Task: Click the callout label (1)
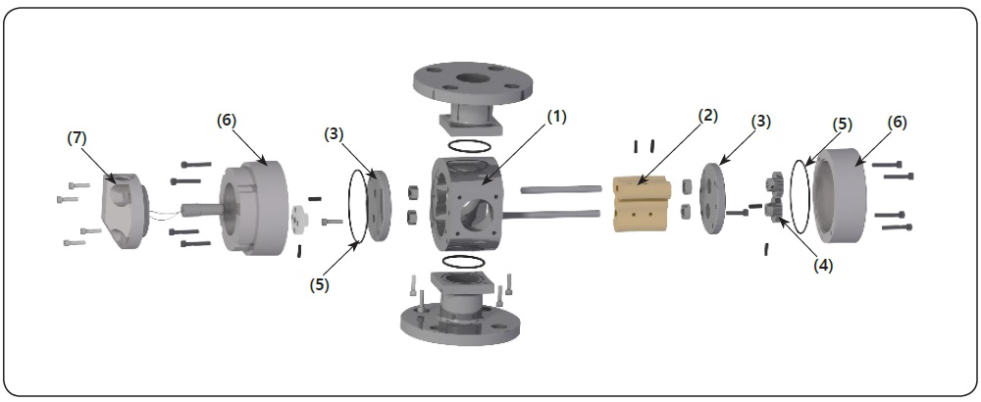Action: coord(556,117)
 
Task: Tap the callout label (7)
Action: coord(76,138)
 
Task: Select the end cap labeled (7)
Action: coord(124,209)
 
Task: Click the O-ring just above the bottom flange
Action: coord(463,262)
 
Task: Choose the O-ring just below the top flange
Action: coord(464,145)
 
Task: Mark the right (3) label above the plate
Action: coord(760,122)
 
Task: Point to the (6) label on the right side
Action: coord(897,123)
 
